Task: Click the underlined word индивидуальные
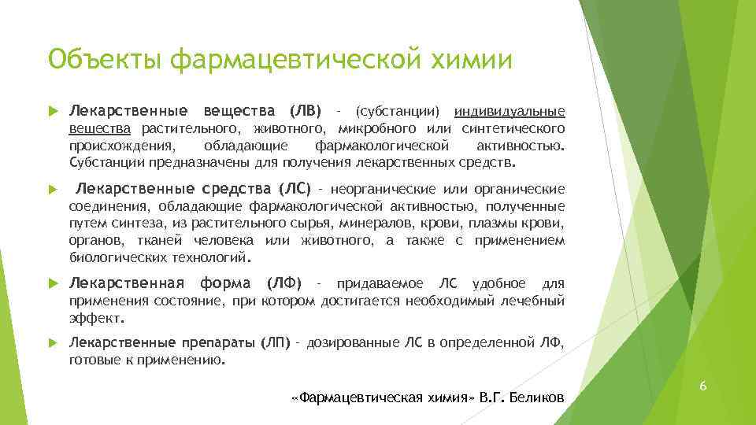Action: pyautogui.click(x=510, y=109)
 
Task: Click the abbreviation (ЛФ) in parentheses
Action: pyautogui.click(x=283, y=283)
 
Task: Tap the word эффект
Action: pyautogui.click(x=96, y=318)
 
